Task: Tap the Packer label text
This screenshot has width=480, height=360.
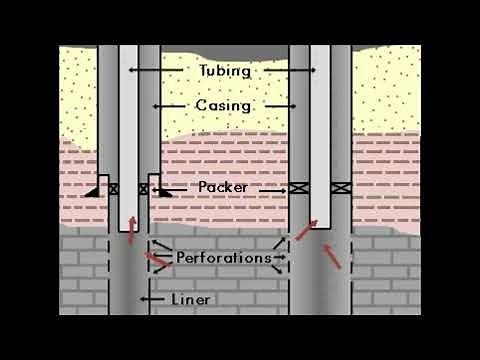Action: click(x=222, y=187)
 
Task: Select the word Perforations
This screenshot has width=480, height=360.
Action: click(x=223, y=257)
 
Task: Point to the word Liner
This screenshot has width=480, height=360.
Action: click(x=189, y=299)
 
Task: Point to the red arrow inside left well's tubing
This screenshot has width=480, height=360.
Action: click(x=129, y=231)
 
